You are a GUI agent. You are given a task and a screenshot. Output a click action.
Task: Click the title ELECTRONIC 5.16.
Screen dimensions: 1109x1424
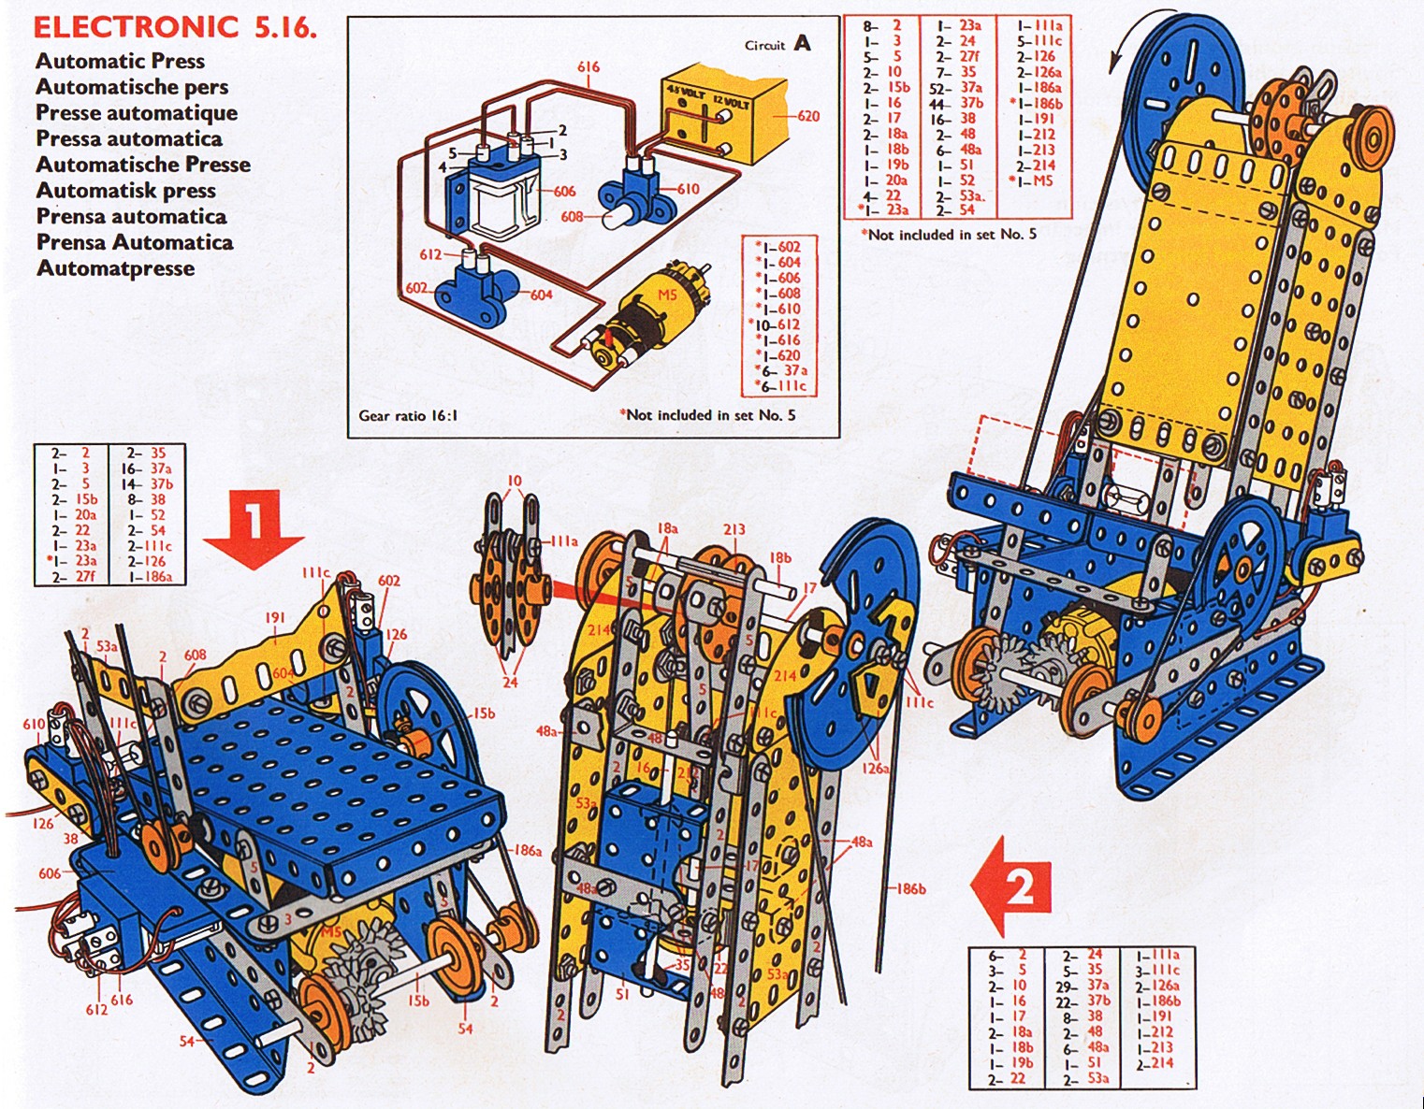pos(175,26)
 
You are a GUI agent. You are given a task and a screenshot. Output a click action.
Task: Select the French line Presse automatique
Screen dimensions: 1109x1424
pos(137,113)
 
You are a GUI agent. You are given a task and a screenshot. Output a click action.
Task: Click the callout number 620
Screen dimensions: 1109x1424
pos(808,117)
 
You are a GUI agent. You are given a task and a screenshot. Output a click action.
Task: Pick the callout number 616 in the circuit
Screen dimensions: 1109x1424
pos(588,67)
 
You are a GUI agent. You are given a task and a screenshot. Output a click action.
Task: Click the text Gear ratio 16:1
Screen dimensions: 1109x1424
pos(408,416)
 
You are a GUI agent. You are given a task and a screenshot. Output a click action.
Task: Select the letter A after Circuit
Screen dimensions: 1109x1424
pos(802,43)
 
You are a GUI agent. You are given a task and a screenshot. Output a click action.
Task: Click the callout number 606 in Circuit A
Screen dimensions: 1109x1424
pos(564,192)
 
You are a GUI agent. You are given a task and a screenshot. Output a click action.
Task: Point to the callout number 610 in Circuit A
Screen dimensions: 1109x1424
pos(688,189)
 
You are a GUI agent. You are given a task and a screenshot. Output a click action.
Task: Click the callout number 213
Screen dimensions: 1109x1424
pos(734,530)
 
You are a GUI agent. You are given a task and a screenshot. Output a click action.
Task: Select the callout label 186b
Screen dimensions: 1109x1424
pos(910,888)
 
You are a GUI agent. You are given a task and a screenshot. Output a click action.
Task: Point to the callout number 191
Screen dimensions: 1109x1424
pos(274,618)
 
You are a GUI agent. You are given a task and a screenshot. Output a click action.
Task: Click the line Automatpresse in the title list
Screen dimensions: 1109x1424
pos(116,268)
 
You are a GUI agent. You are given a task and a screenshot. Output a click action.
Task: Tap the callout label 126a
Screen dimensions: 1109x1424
pos(877,769)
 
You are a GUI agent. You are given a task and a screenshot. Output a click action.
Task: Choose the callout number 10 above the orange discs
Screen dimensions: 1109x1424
pos(515,482)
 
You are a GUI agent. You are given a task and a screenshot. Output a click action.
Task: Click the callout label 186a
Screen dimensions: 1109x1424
pos(529,850)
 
